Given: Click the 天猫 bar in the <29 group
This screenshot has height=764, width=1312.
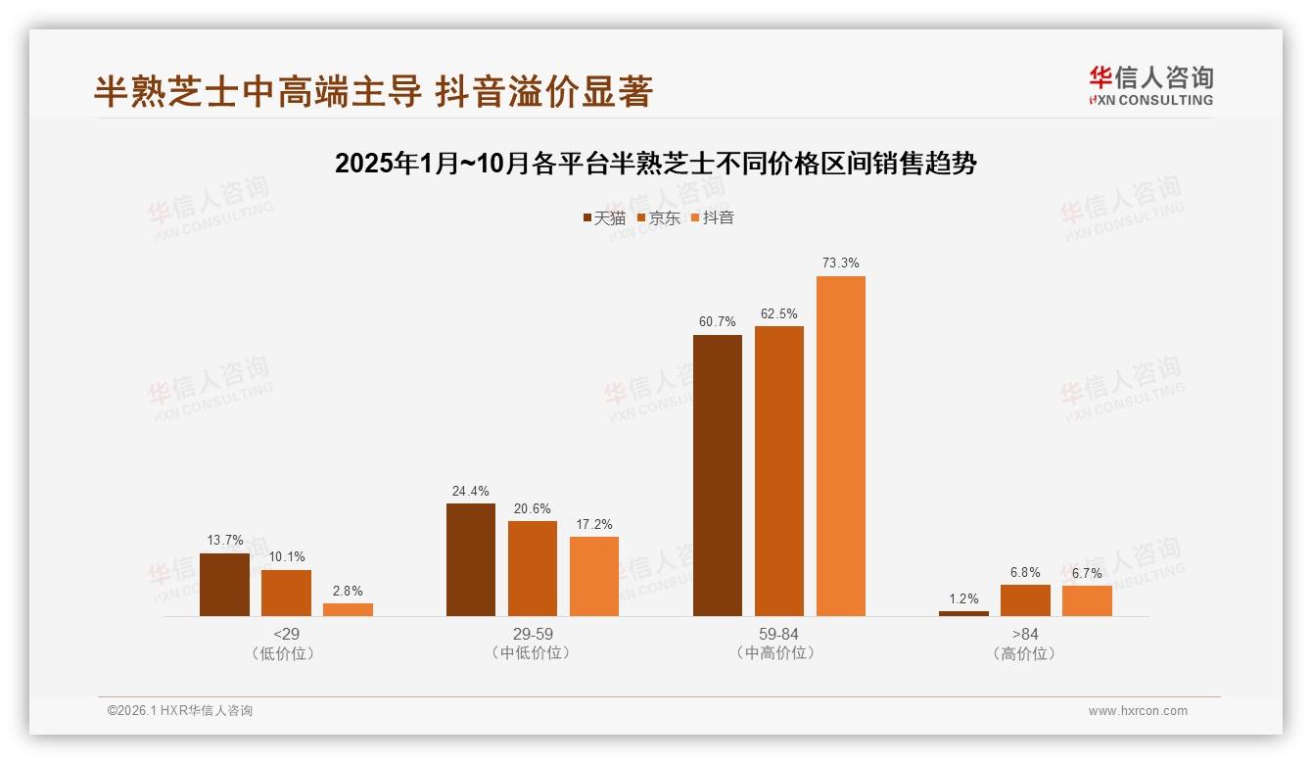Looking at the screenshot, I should [x=224, y=585].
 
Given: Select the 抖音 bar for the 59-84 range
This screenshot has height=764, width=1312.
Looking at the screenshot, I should [x=841, y=446].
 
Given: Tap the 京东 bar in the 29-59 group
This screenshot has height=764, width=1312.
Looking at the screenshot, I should [x=533, y=568].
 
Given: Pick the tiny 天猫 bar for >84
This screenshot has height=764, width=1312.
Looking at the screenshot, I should [x=963, y=613].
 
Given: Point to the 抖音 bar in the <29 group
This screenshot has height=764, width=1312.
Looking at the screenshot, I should [x=348, y=609].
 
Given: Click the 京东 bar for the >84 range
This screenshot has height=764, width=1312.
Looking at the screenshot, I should [x=1025, y=600].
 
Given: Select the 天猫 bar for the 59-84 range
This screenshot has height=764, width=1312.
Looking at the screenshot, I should [x=718, y=475].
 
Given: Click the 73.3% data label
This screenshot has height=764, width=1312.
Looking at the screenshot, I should [x=841, y=263].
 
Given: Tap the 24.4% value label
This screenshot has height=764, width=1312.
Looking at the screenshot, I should [x=471, y=491].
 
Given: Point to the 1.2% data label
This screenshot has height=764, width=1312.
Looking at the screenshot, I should [x=963, y=598].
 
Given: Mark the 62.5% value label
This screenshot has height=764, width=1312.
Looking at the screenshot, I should [x=779, y=313].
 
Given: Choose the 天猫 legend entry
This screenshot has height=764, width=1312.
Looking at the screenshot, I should [x=604, y=217].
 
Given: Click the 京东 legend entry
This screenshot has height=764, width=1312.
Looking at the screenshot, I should [x=659, y=217].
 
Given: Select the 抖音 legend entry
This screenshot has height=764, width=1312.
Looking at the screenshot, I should [x=713, y=217].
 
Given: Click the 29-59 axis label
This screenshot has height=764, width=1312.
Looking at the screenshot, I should [x=533, y=634].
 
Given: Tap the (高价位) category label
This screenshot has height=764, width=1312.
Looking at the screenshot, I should [x=1025, y=653].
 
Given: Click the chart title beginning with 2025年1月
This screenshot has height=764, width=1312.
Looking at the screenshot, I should [x=656, y=164].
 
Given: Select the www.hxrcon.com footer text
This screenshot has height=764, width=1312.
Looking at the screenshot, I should [x=1138, y=711].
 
